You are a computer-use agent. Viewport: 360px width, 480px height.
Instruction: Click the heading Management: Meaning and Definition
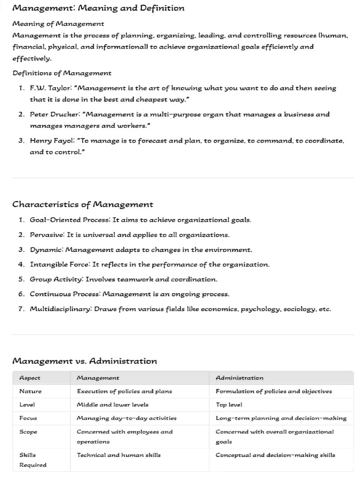[x=98, y=8]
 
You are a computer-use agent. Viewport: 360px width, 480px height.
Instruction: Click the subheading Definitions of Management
[x=62, y=73]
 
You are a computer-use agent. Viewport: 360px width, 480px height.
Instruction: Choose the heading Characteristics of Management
[x=82, y=204]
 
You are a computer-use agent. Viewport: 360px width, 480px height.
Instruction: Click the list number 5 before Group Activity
[x=21, y=279]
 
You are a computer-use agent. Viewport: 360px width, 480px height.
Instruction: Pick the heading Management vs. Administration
[x=84, y=361]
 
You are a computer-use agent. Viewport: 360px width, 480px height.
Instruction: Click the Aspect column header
[x=30, y=378]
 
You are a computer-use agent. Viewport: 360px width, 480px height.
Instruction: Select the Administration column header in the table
[x=240, y=378]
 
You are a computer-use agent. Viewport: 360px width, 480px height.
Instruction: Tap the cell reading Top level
[x=229, y=405]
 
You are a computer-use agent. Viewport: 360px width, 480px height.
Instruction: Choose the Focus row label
[x=28, y=418]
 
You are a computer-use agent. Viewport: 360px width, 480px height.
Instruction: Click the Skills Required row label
[x=32, y=460]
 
